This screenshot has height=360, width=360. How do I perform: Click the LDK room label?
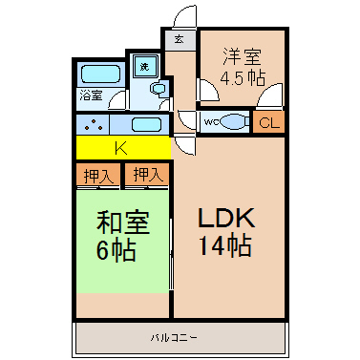[x=226, y=219]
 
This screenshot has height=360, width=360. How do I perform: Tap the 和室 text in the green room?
[x=123, y=222]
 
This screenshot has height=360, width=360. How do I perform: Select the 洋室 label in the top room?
[x=243, y=56]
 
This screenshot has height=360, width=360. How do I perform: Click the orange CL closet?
[x=268, y=121]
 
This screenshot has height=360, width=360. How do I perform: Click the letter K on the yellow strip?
[x=121, y=148]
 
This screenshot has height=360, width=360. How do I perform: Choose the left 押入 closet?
[x=98, y=175]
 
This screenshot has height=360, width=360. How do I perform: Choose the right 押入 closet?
[x=147, y=175]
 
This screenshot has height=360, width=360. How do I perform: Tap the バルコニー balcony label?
[x=174, y=338]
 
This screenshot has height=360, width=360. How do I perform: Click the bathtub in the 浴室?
[x=101, y=74]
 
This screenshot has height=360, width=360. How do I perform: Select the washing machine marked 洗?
[x=145, y=66]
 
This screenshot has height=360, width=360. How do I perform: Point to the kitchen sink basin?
[x=146, y=124]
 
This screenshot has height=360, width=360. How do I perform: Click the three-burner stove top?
[x=94, y=125]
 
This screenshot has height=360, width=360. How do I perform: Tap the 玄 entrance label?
[x=179, y=39]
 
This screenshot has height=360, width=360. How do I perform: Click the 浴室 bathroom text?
[x=91, y=95]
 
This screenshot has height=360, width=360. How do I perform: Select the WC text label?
[x=211, y=121]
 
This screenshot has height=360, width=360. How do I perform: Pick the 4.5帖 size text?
[x=243, y=78]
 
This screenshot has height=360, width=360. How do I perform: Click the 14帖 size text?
[x=225, y=245]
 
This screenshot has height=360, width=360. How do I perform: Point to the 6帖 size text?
[x=116, y=250]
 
